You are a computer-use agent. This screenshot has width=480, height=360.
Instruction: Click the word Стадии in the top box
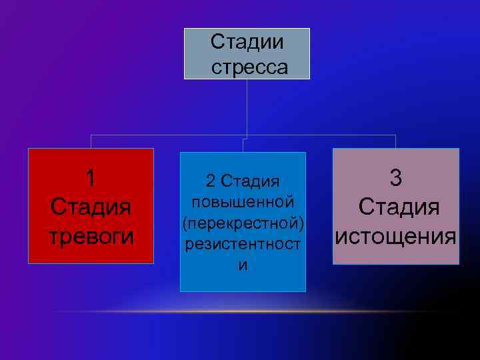[247, 42]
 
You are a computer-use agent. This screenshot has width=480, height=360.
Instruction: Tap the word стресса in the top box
[249, 67]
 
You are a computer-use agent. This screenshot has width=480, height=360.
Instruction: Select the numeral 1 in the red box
[91, 179]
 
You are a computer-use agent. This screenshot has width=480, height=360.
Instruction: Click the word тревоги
[91, 236]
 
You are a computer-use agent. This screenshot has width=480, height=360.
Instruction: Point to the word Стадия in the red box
[91, 207]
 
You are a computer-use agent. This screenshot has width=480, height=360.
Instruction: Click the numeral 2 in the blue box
[210, 181]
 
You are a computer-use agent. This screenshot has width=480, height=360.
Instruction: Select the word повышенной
[243, 201]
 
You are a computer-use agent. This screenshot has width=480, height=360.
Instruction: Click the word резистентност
[243, 244]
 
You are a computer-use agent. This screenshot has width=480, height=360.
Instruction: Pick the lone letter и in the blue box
[243, 265]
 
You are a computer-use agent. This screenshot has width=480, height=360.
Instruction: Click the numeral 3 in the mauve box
[396, 178]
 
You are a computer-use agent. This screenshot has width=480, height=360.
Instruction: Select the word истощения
[396, 236]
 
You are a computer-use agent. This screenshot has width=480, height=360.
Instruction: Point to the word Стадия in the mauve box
[399, 207]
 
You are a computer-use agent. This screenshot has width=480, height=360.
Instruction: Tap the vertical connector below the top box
[247, 107]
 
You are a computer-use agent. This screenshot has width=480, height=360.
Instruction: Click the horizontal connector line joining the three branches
[167, 135]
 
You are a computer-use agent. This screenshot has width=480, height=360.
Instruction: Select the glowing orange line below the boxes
[267, 311]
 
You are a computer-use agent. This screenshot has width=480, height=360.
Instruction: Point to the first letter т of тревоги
[54, 237]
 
